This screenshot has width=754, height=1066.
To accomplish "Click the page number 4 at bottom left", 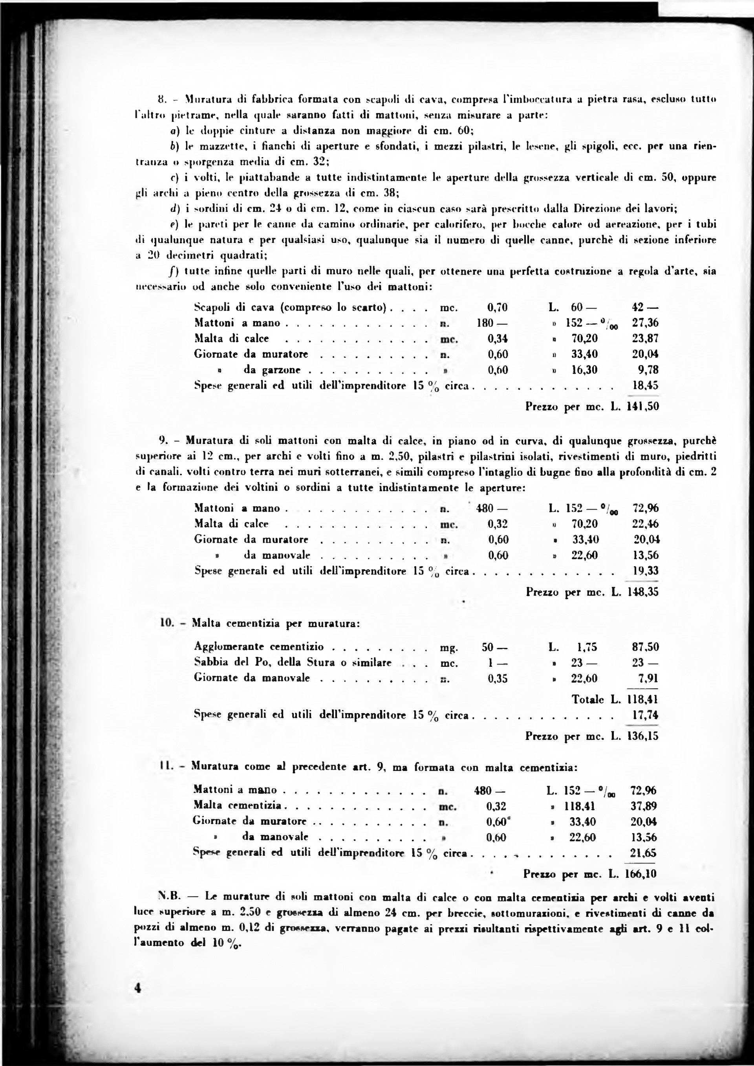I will click(137, 1001).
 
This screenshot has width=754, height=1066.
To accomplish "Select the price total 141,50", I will click(642, 407).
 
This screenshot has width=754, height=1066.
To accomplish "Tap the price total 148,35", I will click(642, 592).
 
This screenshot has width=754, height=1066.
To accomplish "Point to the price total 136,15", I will click(642, 736).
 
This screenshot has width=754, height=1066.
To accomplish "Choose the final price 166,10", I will click(641, 874).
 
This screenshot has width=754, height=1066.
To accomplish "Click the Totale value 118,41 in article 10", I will click(642, 699).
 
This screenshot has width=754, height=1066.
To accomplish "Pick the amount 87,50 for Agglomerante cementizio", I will click(645, 647).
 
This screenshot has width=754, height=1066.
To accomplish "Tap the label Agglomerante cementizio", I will click(259, 647).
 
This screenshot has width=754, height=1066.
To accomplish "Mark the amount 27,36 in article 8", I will click(645, 323).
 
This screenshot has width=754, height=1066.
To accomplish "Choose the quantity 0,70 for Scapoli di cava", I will click(497, 308).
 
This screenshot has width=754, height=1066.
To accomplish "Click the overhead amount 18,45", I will click(645, 385).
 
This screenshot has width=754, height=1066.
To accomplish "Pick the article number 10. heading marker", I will click(167, 623).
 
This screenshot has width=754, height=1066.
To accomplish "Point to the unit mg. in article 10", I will click(449, 648).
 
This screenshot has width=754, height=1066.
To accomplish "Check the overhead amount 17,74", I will click(645, 715).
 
